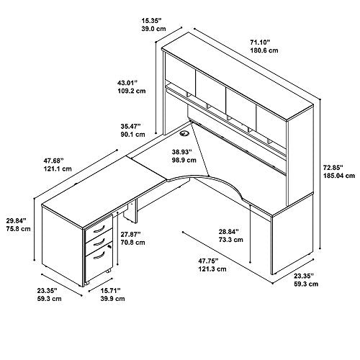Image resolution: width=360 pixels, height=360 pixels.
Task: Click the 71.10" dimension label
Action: pos(261,42)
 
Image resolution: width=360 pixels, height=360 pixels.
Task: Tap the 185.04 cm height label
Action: pos(339,176)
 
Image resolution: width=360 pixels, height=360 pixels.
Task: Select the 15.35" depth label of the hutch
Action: pos(151,21)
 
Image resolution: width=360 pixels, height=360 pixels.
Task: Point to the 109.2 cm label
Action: pos(132,91)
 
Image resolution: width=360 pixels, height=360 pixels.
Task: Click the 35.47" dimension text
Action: pos(131,126)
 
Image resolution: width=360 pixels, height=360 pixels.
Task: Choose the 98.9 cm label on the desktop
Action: pos(184,160)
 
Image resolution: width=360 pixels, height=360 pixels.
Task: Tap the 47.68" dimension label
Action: pos(54,160)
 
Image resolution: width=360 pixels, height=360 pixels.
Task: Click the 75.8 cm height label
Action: pos(19,229)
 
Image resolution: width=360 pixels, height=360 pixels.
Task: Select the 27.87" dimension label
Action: pos(130,235)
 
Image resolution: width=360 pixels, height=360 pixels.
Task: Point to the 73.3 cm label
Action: pos(231,240)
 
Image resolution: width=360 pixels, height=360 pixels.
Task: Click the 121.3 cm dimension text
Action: pos(212,269)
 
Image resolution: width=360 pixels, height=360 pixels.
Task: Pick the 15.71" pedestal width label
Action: pos(111,291)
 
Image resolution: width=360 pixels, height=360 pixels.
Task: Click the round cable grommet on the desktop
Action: pos(184,133)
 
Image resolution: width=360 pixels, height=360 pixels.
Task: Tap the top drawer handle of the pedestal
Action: pos(99,229)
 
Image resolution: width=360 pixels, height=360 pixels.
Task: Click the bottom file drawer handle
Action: pos(99,256)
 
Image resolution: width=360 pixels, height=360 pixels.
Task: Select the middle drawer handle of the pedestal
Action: pos(99,242)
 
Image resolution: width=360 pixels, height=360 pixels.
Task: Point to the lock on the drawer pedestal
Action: pos(109,246)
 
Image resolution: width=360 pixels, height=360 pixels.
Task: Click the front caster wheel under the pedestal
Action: pos(87,283)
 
